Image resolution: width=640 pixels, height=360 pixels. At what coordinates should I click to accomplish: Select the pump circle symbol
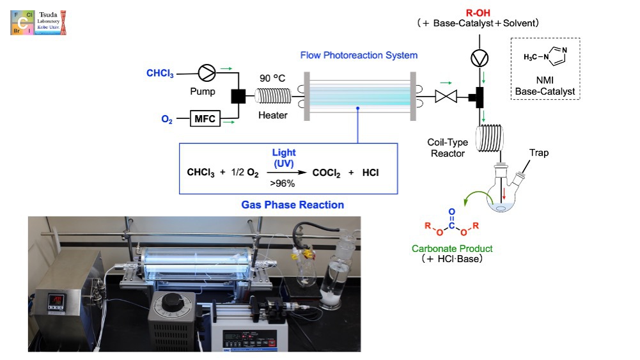(207, 74)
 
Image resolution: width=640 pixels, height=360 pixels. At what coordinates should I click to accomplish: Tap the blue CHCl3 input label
(160, 73)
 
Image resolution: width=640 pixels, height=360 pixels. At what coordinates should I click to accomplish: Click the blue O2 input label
(167, 119)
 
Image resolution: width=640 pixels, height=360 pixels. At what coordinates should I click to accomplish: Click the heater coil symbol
(273, 97)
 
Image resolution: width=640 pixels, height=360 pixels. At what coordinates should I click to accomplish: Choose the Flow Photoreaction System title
(359, 55)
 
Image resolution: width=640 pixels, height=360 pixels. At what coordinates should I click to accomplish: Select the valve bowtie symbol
(444, 97)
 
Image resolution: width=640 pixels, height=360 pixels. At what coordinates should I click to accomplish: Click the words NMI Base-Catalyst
(545, 86)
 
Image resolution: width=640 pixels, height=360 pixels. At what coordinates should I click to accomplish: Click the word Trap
(538, 153)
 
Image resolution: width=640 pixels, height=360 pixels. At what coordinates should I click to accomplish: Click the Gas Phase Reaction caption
(293, 205)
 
